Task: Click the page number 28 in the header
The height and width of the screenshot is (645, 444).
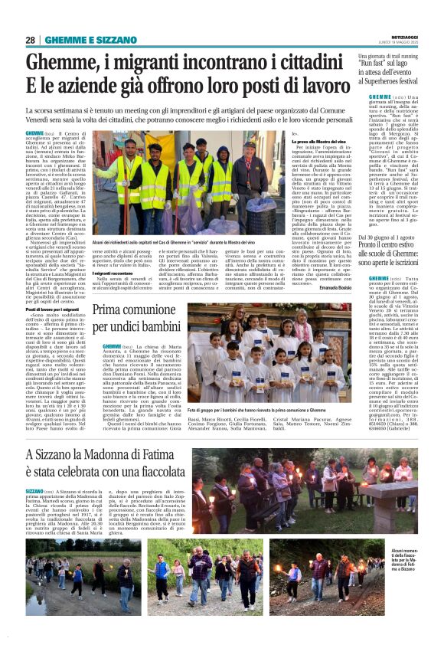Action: (31, 40)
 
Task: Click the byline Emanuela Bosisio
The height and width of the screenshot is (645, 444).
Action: (332, 286)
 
